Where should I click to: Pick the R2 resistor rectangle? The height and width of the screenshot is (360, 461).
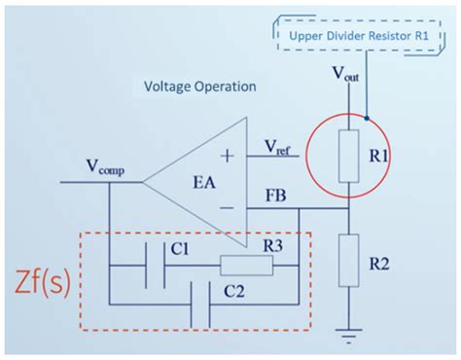click(346, 264)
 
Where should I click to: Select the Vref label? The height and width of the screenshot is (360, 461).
click(282, 147)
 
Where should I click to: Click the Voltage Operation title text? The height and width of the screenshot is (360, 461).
click(199, 87)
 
